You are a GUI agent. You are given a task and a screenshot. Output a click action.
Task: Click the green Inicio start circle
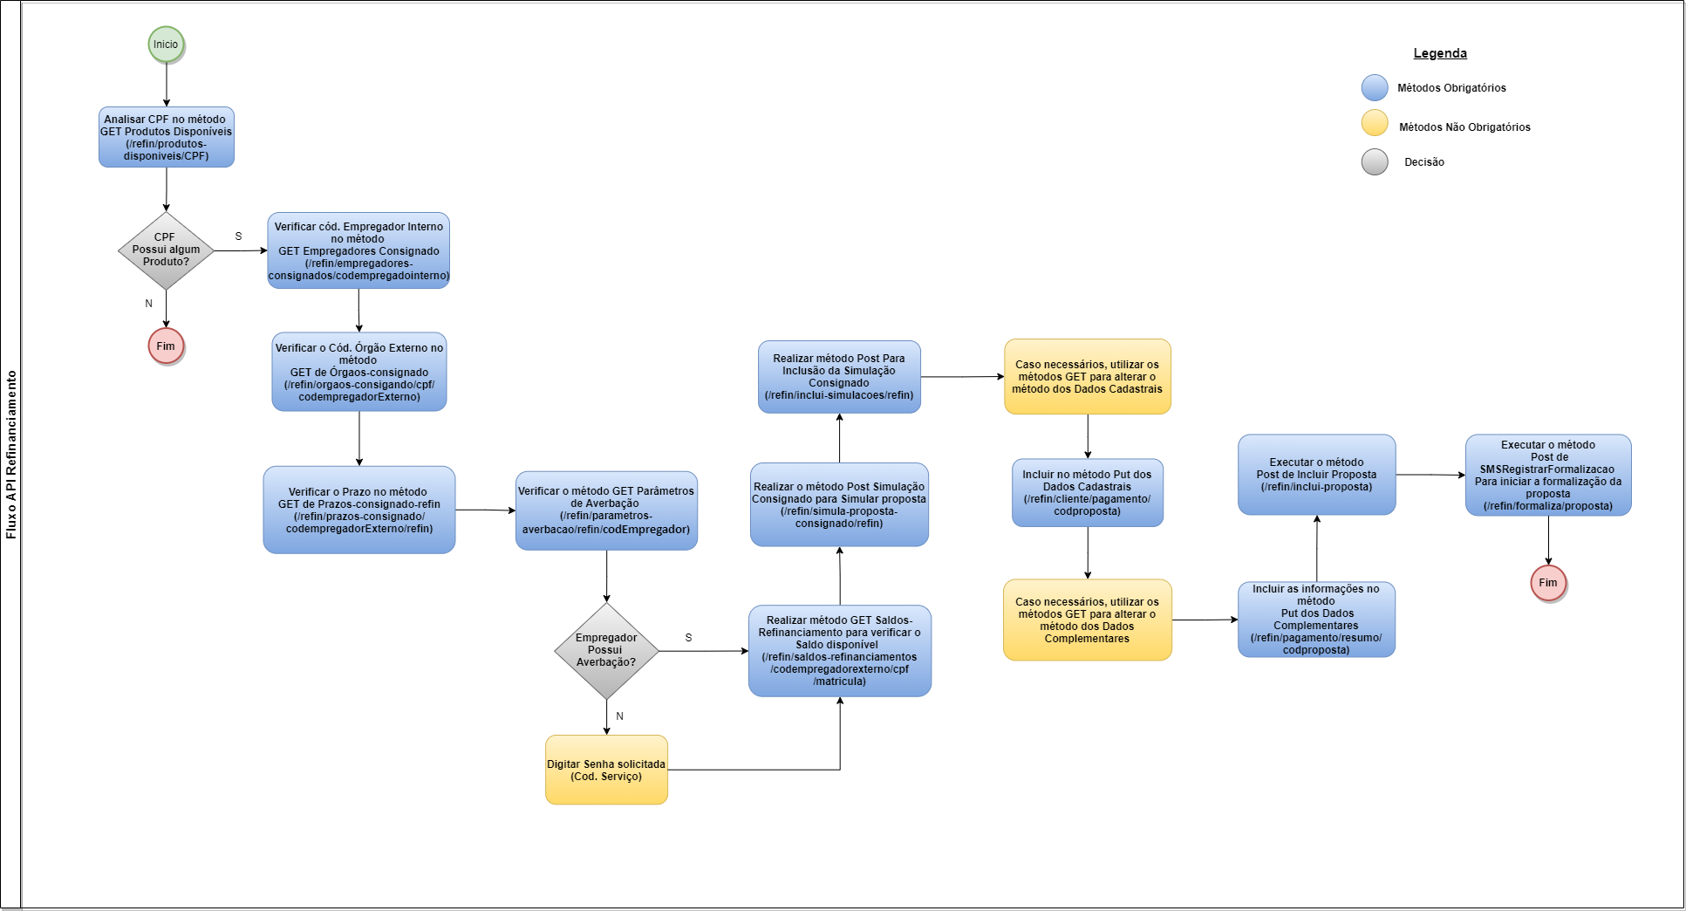166,45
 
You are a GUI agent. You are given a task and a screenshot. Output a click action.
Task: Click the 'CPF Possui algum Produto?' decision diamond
166,250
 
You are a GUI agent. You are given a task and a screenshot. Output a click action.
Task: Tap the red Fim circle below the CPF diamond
166,346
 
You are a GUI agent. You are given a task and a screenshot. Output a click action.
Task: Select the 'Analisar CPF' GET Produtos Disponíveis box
166,137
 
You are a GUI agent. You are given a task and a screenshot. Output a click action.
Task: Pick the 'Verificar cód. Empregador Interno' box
358,250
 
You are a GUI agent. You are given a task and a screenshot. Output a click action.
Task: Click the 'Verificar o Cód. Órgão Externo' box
358,372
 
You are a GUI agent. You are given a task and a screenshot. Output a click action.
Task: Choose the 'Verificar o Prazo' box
358,510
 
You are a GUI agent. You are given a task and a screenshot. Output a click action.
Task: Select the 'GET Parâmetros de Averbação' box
606,510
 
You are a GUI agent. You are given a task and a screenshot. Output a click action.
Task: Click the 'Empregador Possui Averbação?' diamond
606,650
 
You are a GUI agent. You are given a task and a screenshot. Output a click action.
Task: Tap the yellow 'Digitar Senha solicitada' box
606,770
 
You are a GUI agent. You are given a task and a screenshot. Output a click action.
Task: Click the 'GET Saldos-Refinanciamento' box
839,651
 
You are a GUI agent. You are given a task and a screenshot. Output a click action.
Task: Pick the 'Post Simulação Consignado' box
839,504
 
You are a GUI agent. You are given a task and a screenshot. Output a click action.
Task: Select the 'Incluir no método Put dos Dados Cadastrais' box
1087,493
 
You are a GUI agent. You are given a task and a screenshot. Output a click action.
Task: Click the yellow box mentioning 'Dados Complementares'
1087,620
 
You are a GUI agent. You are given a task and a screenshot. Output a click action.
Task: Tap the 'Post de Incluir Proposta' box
1316,475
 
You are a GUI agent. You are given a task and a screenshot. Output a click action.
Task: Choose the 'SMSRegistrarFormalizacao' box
1548,475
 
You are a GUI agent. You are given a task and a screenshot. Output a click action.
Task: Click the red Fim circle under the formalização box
1548,583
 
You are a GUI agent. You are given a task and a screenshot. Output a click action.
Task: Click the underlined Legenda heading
1440,53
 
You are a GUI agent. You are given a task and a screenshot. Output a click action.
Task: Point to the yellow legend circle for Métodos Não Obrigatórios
1375,123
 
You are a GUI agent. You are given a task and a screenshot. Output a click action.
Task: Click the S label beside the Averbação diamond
688,638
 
